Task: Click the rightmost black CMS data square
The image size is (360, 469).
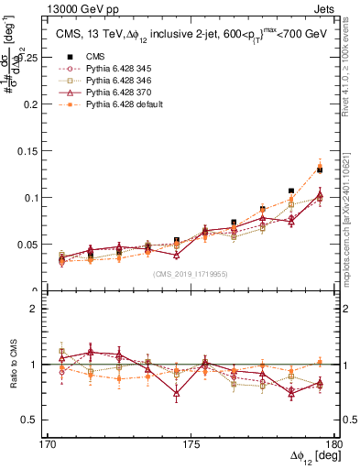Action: pos(320,170)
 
